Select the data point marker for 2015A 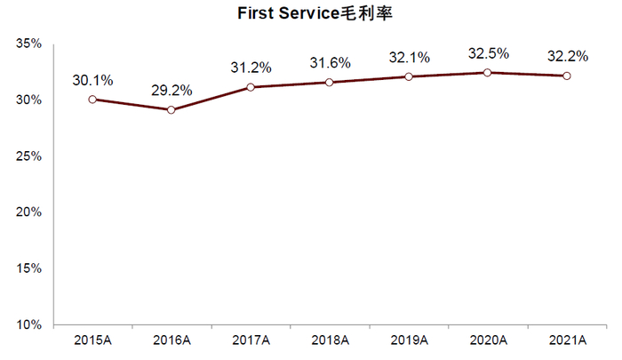(x=92, y=100)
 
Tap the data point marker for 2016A (x=171, y=109)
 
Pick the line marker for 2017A (x=251, y=87)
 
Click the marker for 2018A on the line (x=330, y=83)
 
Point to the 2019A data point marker (x=409, y=76)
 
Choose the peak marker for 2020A (x=487, y=72)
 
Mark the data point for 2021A (x=567, y=76)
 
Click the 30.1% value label (x=92, y=81)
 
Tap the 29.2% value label (x=171, y=91)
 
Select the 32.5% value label (x=487, y=53)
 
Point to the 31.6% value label (x=330, y=63)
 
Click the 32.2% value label (x=567, y=57)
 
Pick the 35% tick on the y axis (x=29, y=43)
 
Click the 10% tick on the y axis (x=29, y=324)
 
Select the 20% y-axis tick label (x=29, y=212)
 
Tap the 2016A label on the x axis (x=171, y=340)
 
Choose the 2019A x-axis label (x=409, y=340)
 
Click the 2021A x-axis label (x=567, y=340)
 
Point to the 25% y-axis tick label (x=29, y=156)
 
